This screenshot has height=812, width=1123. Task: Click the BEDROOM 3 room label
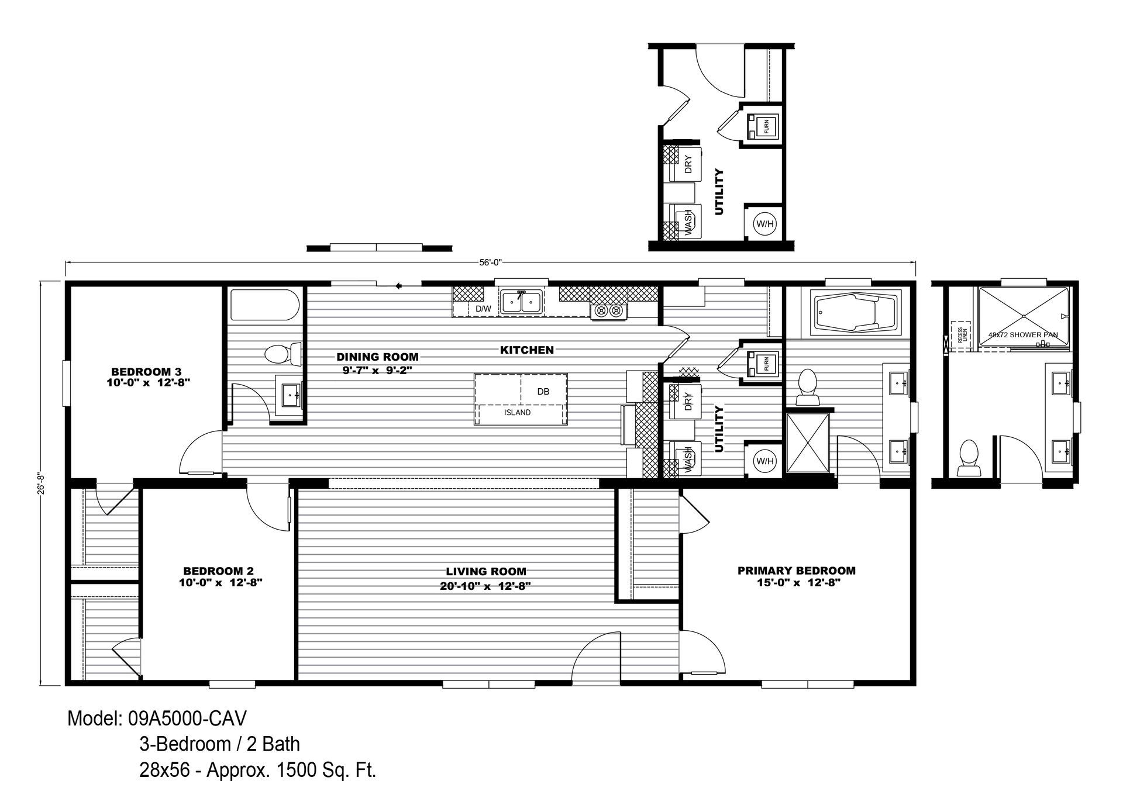pyautogui.click(x=146, y=371)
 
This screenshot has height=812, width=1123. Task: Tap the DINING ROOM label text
pyautogui.click(x=377, y=357)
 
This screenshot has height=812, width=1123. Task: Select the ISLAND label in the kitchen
pyautogui.click(x=517, y=413)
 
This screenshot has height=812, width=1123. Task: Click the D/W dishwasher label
pyautogui.click(x=483, y=309)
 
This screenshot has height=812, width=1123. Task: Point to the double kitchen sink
pyautogui.click(x=521, y=302)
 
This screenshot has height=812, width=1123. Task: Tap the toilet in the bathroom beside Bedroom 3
pyautogui.click(x=278, y=354)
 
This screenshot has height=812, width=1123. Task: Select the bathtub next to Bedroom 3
pyautogui.click(x=265, y=305)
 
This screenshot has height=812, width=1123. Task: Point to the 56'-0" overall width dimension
pyautogui.click(x=491, y=263)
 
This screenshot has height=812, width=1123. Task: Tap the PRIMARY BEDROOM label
pyautogui.click(x=796, y=571)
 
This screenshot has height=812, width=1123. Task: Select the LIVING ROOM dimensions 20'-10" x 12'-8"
pyautogui.click(x=485, y=587)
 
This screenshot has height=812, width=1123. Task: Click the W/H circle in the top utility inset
pyautogui.click(x=764, y=224)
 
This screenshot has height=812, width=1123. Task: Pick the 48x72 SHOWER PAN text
pyautogui.click(x=1022, y=335)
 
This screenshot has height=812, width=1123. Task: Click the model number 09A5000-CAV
pyautogui.click(x=187, y=718)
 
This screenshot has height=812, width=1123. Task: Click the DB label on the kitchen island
pyautogui.click(x=543, y=392)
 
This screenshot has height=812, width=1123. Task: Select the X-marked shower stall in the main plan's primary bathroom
pyautogui.click(x=807, y=443)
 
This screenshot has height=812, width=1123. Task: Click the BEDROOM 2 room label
pyautogui.click(x=218, y=571)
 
